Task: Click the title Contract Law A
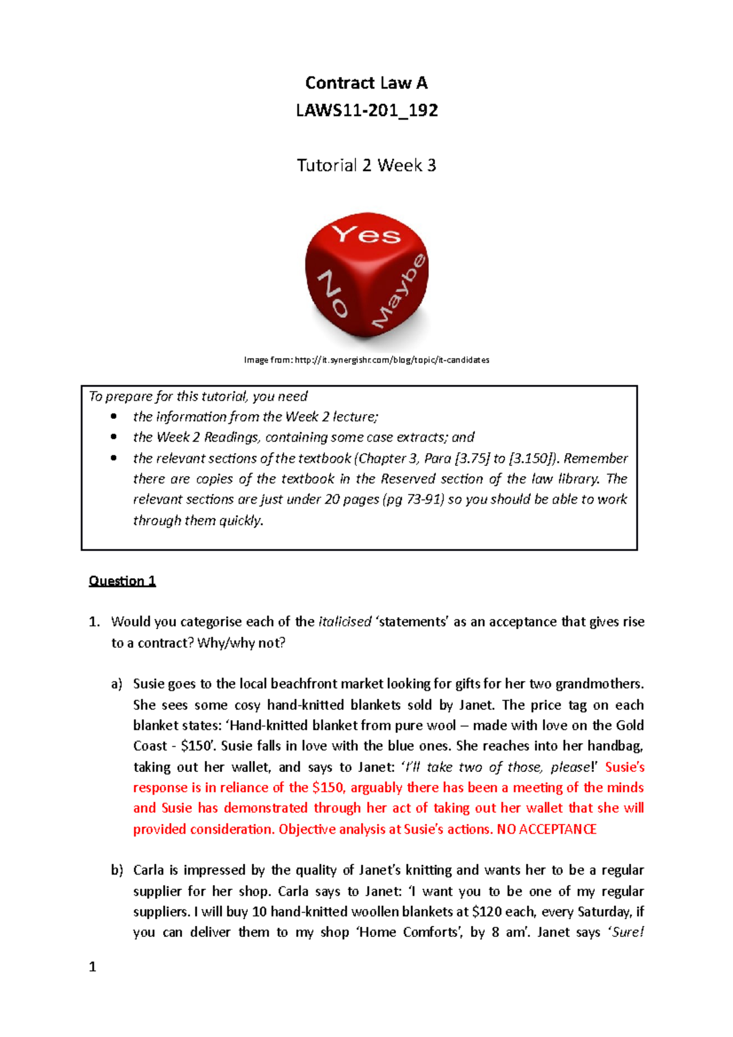[x=366, y=83]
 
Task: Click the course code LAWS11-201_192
[x=366, y=111]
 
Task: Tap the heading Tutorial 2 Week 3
[x=366, y=166]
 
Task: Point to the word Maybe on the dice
[x=399, y=291]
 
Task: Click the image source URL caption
[x=366, y=360]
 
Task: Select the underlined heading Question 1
[x=122, y=581]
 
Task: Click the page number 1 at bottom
[x=92, y=967]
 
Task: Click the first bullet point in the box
[x=114, y=417]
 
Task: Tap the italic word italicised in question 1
[x=345, y=622]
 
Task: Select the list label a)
[x=117, y=684]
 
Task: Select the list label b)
[x=117, y=870]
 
